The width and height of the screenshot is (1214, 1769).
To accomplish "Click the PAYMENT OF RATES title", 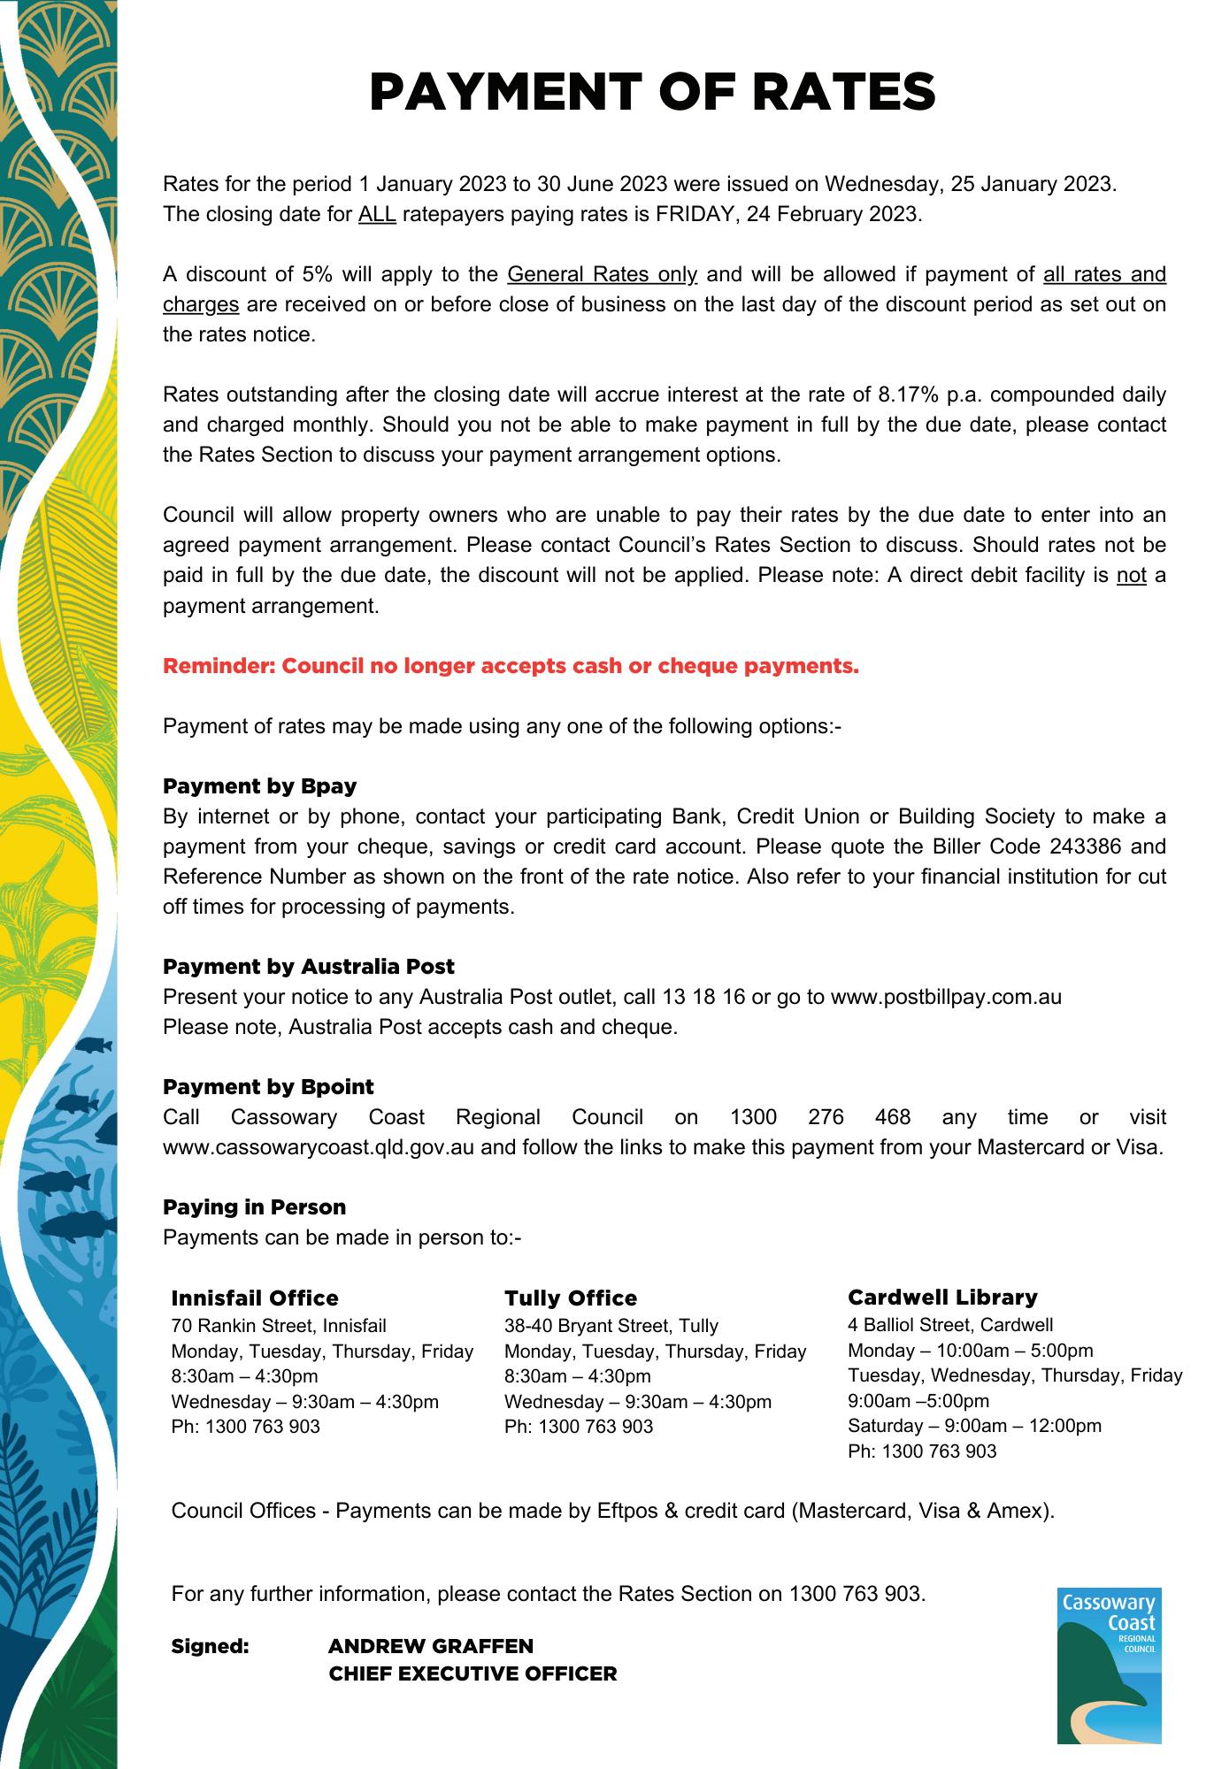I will tap(652, 92).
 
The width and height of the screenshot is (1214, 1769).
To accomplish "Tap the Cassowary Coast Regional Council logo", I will tap(1109, 1665).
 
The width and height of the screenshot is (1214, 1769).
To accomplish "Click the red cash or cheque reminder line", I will tap(511, 666).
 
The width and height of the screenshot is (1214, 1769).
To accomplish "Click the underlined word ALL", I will tap(377, 215).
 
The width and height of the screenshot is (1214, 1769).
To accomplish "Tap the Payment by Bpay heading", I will tap(259, 786).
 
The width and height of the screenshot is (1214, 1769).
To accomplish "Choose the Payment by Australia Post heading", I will tap(308, 967).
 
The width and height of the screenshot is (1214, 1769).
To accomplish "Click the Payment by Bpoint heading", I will tap(268, 1087).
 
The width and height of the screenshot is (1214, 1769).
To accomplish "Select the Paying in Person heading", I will tap(254, 1207).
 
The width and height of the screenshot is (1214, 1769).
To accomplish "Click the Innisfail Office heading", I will tap(255, 1298).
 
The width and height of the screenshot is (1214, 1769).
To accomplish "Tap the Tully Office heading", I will tap(571, 1298).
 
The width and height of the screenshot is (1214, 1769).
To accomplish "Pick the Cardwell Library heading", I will tap(942, 1298).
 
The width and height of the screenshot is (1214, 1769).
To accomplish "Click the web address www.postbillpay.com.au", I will tap(946, 998).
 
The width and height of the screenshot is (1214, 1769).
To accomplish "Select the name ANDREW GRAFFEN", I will tap(430, 1646).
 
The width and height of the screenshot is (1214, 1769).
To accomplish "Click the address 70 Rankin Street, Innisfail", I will tap(279, 1326).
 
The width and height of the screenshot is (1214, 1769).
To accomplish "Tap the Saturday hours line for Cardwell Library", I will tap(974, 1426).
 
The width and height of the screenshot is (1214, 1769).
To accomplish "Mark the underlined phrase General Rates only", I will tap(603, 275).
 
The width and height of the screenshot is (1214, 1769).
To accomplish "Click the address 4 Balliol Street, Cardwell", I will tap(950, 1325).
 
